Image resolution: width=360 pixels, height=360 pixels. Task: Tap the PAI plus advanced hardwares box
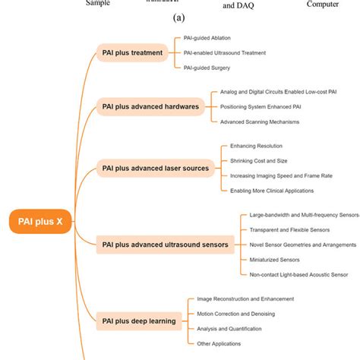(150, 106)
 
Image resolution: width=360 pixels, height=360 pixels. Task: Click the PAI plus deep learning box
(139, 321)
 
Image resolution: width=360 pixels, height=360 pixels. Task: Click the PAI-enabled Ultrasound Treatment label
(225, 52)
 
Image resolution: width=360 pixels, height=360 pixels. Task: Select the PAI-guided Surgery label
(207, 68)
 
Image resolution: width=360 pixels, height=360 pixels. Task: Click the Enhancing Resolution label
(255, 145)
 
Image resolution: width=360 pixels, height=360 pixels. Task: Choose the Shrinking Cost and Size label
(258, 160)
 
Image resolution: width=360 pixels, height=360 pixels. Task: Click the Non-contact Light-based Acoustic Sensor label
(298, 275)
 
